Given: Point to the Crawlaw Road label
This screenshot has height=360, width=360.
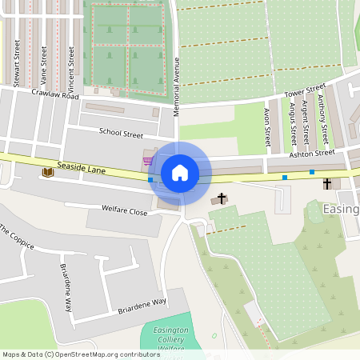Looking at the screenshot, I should point(55,94).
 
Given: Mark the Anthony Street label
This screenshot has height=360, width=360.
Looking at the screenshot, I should point(322,115).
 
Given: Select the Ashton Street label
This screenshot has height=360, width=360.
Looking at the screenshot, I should point(311,152).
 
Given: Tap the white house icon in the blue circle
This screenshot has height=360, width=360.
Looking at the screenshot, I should point(180,172).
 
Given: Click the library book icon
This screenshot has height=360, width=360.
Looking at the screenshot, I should point(47,172).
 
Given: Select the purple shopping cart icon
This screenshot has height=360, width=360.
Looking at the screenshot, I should point(148,160).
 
